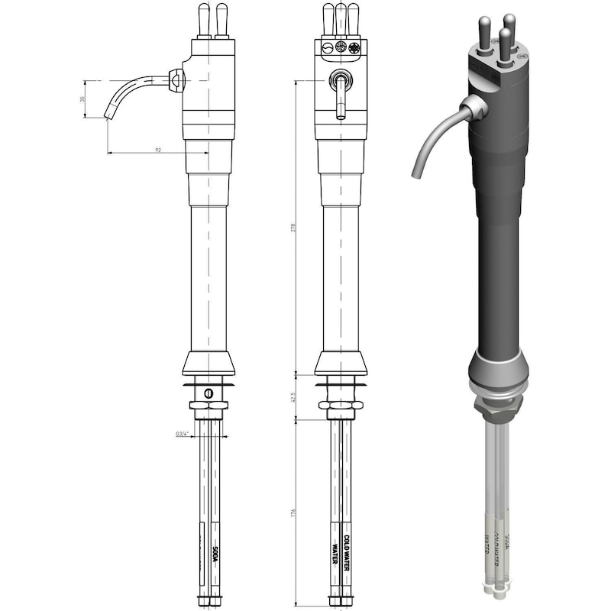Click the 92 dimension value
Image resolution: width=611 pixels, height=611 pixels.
coord(158,150)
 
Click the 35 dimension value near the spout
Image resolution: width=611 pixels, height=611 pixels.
coord(83,99)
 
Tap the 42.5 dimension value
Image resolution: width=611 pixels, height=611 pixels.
coord(293,399)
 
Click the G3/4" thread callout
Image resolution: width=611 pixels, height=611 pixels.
coord(182,433)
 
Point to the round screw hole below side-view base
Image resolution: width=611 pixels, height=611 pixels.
coord(208,393)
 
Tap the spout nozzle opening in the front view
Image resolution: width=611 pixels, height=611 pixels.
coord(341,116)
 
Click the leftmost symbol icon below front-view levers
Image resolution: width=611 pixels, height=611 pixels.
coord(327,47)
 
